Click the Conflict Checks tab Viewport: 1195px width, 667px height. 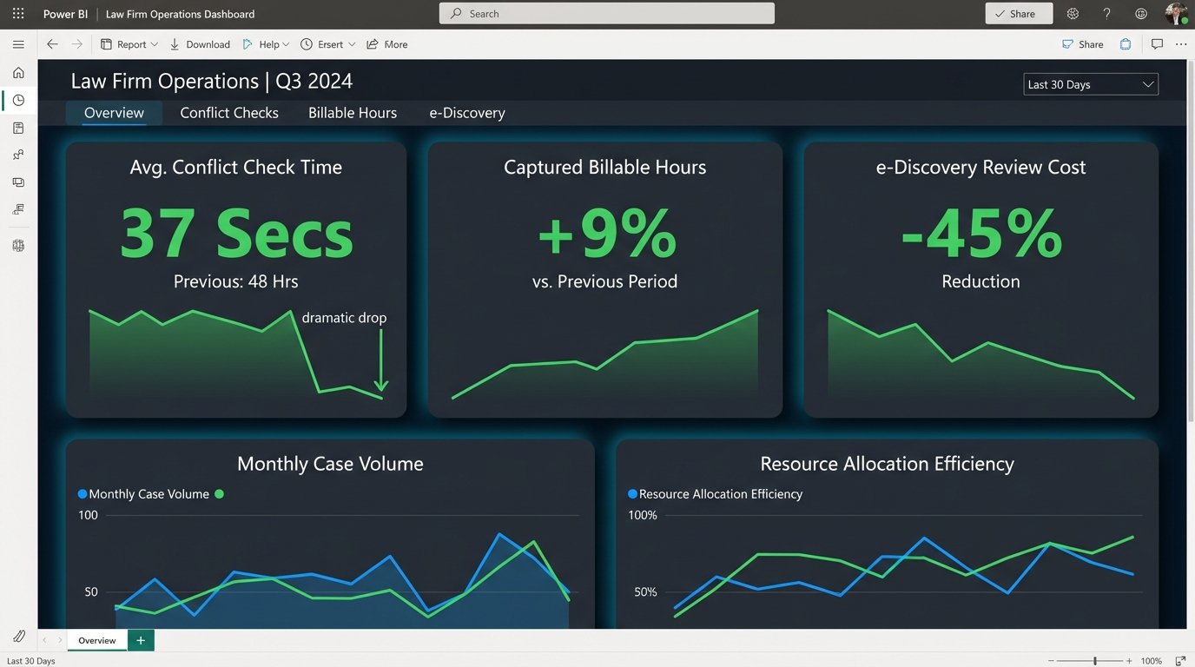pyautogui.click(x=229, y=113)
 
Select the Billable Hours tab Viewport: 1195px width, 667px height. pyautogui.click(x=353, y=113)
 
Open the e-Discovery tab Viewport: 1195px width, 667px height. pyautogui.click(x=467, y=113)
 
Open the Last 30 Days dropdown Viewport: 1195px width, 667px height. pyautogui.click(x=1091, y=84)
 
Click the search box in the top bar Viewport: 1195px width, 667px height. pyautogui.click(x=607, y=14)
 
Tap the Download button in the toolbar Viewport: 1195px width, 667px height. pyautogui.click(x=200, y=44)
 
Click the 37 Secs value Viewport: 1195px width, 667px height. pyautogui.click(x=236, y=233)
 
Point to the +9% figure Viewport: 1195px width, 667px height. pyautogui.click(x=605, y=233)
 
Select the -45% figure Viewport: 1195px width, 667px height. pyautogui.click(x=981, y=233)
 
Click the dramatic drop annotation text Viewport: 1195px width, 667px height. pyautogui.click(x=344, y=318)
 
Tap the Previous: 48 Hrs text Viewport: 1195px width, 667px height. pyautogui.click(x=236, y=281)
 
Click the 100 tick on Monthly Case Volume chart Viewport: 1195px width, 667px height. pyautogui.click(x=88, y=515)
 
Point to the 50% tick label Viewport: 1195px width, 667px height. pyautogui.click(x=645, y=592)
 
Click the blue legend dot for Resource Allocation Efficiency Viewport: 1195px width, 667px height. pyautogui.click(x=632, y=494)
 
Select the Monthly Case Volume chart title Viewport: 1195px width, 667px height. pyautogui.click(x=330, y=464)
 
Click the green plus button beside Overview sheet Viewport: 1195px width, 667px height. pyautogui.click(x=141, y=640)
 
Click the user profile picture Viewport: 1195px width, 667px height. pyautogui.click(x=1176, y=14)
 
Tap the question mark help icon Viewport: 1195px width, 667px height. pyautogui.click(x=1106, y=14)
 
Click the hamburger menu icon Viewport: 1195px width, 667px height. pyautogui.click(x=18, y=44)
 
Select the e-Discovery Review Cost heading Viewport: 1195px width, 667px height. pyautogui.click(x=980, y=168)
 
